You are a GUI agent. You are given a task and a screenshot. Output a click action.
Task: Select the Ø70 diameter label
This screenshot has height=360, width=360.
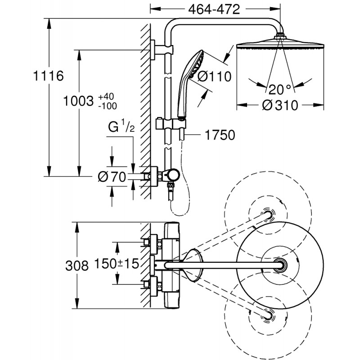(x=111, y=177)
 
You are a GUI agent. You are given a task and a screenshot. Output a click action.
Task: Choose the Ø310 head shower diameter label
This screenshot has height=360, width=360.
(x=280, y=106)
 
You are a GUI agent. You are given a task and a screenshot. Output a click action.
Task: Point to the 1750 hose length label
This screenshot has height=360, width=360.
(x=219, y=135)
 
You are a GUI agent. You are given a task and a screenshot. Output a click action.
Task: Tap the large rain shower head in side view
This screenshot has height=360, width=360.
(x=280, y=46)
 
